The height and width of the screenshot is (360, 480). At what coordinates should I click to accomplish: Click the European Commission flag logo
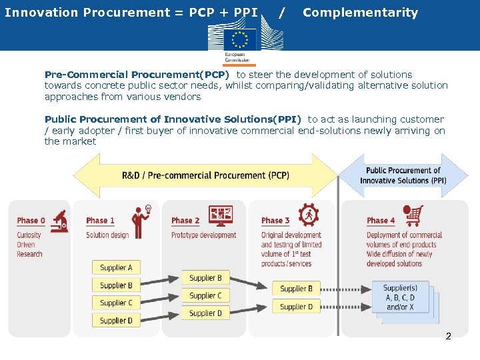(240, 39)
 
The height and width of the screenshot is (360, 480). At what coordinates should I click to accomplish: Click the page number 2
(448, 336)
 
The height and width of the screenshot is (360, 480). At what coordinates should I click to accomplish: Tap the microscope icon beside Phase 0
(59, 220)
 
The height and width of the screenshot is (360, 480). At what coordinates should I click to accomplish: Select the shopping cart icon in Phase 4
(413, 215)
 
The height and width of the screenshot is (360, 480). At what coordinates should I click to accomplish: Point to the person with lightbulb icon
(141, 221)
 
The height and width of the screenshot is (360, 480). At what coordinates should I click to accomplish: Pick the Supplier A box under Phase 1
(116, 267)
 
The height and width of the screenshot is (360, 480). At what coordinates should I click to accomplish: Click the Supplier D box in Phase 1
(116, 321)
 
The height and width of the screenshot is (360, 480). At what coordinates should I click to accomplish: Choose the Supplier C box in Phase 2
(205, 295)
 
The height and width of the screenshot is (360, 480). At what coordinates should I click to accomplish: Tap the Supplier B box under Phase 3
(296, 289)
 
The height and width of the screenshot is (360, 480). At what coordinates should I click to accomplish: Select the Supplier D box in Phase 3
(296, 307)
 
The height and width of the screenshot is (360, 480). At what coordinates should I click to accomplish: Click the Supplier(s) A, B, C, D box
(400, 298)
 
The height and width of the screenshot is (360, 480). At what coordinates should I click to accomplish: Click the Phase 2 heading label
(185, 221)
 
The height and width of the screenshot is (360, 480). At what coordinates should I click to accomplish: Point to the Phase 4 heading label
(381, 221)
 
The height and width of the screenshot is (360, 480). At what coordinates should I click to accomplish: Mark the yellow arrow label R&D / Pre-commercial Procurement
(205, 175)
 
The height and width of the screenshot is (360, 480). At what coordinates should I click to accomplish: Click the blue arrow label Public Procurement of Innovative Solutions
(403, 175)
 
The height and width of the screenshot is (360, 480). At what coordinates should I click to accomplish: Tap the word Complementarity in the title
(360, 13)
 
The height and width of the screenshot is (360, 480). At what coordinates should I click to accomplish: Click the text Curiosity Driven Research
(30, 244)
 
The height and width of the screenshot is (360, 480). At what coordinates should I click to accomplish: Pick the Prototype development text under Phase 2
(203, 235)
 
